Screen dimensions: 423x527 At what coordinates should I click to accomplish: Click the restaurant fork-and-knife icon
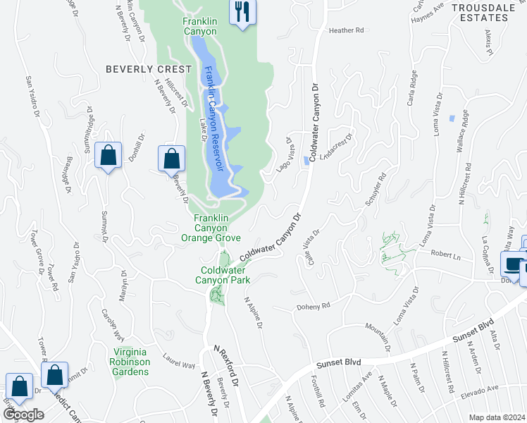[242, 12]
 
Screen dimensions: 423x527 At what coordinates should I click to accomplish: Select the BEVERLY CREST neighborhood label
[148, 69]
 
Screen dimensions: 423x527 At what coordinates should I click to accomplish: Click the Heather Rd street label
[345, 30]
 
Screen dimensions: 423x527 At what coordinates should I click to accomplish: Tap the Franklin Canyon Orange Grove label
[216, 228]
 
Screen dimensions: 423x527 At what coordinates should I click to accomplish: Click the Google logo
[23, 415]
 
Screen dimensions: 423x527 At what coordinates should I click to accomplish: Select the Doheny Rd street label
[316, 307]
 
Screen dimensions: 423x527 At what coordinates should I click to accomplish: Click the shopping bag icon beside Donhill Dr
[108, 157]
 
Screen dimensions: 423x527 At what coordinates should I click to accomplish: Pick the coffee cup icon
[512, 265]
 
